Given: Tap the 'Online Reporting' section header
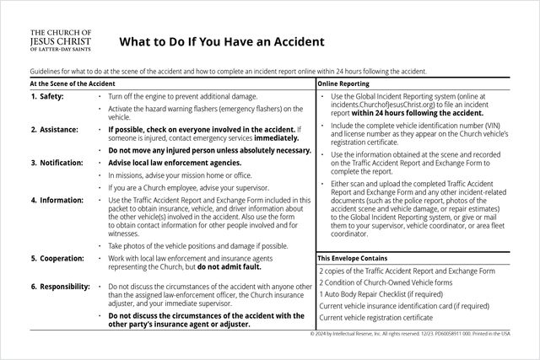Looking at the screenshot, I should coord(344,84).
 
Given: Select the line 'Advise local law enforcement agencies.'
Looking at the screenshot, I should coord(175,163).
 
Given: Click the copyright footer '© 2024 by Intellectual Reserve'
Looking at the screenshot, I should coord(355,334).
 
